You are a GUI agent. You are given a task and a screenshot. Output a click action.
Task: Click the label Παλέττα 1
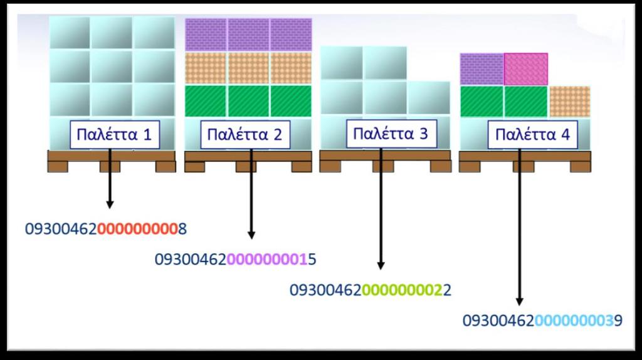pos(115,134)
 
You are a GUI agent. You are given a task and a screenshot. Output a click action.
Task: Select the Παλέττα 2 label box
pos(245,134)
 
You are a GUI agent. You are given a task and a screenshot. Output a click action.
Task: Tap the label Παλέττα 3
pos(391,134)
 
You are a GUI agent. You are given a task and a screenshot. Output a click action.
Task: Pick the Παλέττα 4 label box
pos(533,134)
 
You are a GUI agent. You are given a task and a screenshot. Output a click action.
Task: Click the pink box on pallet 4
pos(526,69)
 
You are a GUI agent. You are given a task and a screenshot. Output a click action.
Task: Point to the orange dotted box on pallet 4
pos(569,102)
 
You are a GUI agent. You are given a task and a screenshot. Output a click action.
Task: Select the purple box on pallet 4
pos(482,69)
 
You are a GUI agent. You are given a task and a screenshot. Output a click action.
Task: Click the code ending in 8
pos(105,229)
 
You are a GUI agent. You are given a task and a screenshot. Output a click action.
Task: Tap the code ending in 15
pos(236,259)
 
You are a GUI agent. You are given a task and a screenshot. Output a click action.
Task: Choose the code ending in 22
pos(370,290)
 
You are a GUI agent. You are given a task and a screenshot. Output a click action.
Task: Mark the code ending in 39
pos(542,320)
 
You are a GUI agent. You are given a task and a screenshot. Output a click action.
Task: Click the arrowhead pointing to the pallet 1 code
pos(110,204)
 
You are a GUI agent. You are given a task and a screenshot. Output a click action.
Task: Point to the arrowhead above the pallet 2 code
pos(251,235)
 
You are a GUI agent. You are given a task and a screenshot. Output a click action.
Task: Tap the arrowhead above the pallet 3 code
pos(381,265)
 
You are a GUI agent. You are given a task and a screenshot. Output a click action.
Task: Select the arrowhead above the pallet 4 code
pos(519,301)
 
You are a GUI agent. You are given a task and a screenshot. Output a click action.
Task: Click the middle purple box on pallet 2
pos(248,34)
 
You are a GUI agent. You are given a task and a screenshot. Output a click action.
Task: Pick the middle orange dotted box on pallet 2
pos(248,68)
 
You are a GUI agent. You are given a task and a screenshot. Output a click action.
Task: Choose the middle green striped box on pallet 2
pos(248,101)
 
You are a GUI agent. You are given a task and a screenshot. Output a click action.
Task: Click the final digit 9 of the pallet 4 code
pos(618,320)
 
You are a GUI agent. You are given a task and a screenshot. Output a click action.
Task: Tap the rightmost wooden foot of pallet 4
pos(581,166)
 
